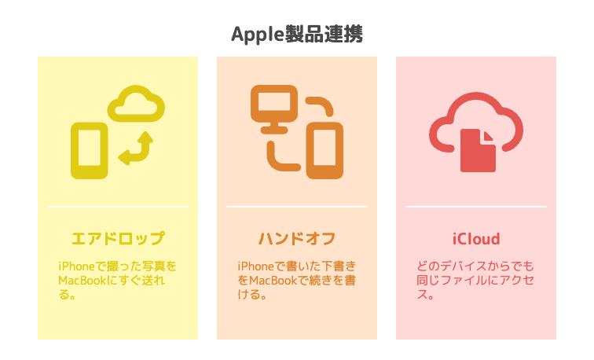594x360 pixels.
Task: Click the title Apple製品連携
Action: [x=297, y=35]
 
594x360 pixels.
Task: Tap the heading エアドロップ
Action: [x=118, y=239]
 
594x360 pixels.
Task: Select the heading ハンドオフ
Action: [x=297, y=239]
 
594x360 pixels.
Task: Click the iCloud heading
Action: [x=476, y=239]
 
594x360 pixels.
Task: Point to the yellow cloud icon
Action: [x=136, y=104]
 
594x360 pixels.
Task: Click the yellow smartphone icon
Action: [x=90, y=150]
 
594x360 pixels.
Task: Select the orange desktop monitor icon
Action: [x=274, y=108]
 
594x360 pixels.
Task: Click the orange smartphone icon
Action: [x=324, y=150]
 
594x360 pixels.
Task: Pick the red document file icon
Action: [x=478, y=150]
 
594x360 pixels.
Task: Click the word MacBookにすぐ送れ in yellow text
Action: [x=112, y=281]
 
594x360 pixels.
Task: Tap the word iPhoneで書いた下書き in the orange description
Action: [x=297, y=266]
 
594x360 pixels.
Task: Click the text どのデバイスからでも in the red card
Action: [x=475, y=266]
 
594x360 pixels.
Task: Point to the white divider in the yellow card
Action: [x=118, y=207]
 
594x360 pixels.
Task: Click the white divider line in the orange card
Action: [x=297, y=207]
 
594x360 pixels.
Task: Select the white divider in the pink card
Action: [x=476, y=207]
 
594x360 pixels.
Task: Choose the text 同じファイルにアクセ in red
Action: [x=475, y=281]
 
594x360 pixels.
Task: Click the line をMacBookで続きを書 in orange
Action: [x=297, y=281]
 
